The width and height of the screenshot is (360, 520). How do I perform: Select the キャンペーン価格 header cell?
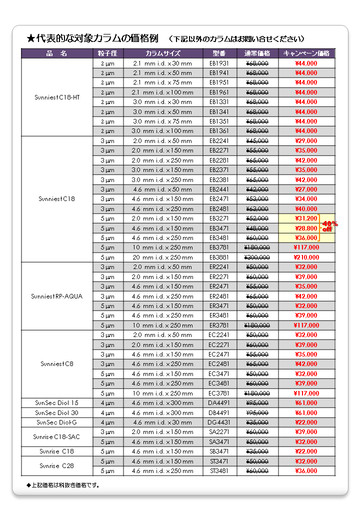[x=306, y=53]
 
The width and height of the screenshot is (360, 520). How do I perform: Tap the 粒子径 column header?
[x=107, y=53]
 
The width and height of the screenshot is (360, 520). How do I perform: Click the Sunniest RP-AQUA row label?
[x=57, y=296]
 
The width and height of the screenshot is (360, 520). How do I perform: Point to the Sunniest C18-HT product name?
[x=57, y=97]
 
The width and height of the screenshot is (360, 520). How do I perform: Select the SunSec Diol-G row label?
[x=57, y=422]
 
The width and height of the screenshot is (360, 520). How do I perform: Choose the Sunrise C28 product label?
[x=57, y=466]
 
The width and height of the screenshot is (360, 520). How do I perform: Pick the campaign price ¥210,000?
[x=306, y=257]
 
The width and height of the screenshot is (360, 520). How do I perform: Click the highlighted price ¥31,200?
[x=306, y=218]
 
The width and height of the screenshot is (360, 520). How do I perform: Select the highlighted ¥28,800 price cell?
[x=306, y=228]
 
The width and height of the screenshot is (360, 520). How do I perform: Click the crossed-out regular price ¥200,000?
[x=257, y=257]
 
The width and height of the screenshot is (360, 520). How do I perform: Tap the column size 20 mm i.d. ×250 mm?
[x=162, y=257]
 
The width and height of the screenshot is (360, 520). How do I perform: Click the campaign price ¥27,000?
[x=306, y=189]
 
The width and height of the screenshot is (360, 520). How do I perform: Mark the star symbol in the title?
[x=31, y=38]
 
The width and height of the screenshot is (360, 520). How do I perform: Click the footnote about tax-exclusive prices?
[x=62, y=485]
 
